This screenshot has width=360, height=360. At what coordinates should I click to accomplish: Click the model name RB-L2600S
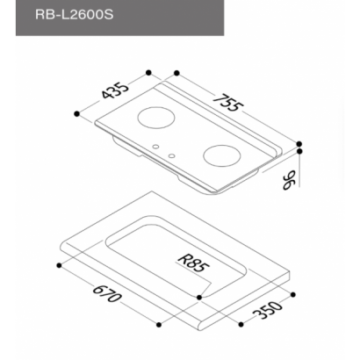74,14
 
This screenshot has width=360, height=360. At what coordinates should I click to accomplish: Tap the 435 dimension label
115,91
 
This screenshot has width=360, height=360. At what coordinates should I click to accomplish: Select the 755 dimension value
228,103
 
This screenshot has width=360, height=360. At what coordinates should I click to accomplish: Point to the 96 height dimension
289,181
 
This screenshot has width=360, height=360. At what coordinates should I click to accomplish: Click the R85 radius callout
193,263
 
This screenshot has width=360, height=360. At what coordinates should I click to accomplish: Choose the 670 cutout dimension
106,293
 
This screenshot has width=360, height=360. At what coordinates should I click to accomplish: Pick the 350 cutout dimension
267,310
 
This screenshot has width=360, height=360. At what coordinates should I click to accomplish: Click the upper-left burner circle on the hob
156,118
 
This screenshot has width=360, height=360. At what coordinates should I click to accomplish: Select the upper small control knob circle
156,146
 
